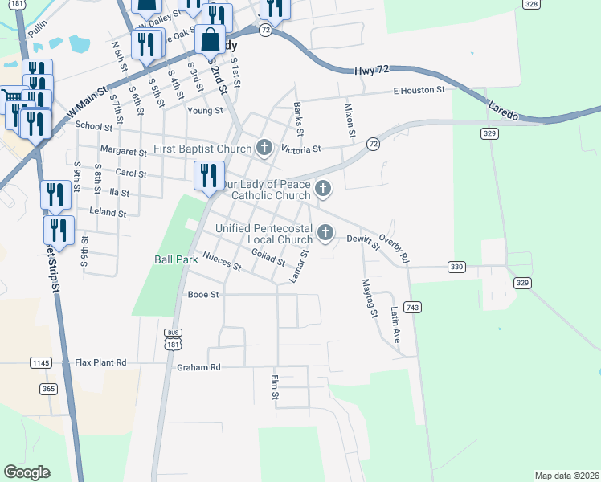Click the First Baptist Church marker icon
[x=264, y=147]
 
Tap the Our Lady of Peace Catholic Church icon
[x=323, y=190]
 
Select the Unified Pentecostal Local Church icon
[x=325, y=233]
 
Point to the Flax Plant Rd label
[x=100, y=362]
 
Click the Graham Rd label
[x=198, y=367]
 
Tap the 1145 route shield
[x=40, y=363]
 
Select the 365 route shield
[x=48, y=389]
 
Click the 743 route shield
[x=414, y=308]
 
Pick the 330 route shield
[x=456, y=267]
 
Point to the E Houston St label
[x=419, y=91]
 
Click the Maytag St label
[x=369, y=297]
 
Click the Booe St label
[x=203, y=295]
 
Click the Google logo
[x=27, y=472]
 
